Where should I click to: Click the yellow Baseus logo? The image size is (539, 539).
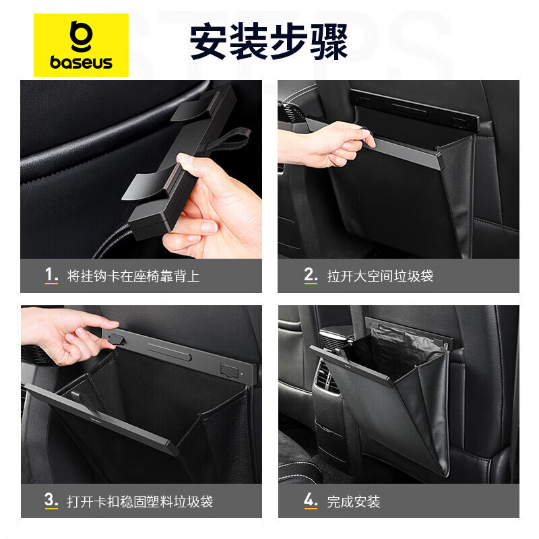point(81,45)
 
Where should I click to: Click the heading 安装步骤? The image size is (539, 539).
point(268,42)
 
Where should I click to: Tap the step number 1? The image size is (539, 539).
point(51,275)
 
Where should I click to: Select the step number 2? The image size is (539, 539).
point(310,275)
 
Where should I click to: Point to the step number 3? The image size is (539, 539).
point(51,501)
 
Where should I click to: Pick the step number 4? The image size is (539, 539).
point(310,501)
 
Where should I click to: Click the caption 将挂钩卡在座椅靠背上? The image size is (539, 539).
point(133,276)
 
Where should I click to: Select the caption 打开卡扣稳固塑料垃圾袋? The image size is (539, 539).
point(140,501)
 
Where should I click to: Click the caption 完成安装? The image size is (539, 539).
point(354,501)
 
